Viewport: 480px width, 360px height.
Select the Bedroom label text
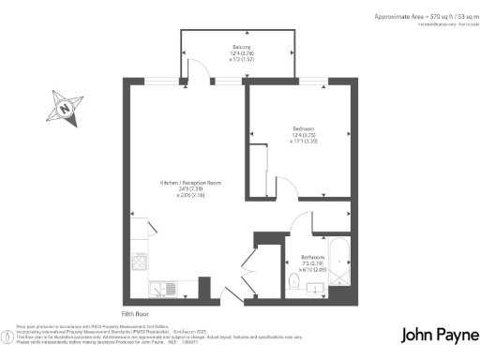[x=302, y=128]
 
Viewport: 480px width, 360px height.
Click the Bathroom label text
[x=312, y=256]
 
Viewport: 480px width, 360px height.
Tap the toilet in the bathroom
[x=293, y=280]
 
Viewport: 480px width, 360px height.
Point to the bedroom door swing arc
[x=288, y=185]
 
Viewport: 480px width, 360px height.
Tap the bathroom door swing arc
[x=302, y=220]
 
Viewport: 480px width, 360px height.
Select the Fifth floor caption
[x=136, y=312]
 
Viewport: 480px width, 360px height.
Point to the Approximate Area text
[x=413, y=17]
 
